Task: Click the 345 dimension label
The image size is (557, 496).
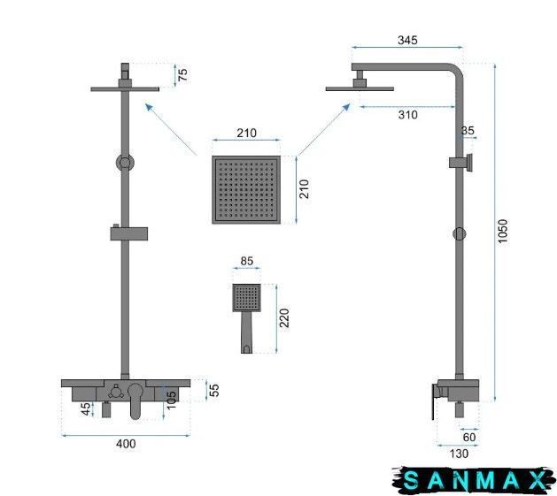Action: coord(407,40)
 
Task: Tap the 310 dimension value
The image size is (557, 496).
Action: coord(408,115)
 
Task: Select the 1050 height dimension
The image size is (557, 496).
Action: coord(503,231)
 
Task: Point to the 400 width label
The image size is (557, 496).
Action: coord(126,444)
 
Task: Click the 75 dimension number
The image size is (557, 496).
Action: coord(182,74)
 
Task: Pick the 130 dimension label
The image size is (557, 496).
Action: coord(459,454)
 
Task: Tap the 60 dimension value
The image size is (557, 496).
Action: coord(469,437)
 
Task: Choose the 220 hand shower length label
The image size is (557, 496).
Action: coord(284,318)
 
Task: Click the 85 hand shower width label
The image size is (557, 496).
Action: coord(247,261)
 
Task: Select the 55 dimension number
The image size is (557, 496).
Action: coord(214,390)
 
